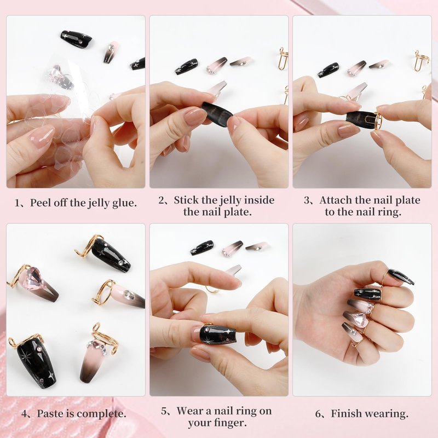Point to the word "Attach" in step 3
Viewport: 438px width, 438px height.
pos(335,200)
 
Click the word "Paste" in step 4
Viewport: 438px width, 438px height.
pos(50,413)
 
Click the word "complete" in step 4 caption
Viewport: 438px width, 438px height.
pos(100,414)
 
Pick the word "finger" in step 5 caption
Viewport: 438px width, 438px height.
pos(230,423)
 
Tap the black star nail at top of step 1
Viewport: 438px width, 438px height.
pos(76,39)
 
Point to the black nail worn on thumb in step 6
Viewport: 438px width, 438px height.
pos(401,276)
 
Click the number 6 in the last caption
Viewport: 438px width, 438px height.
pos(318,414)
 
